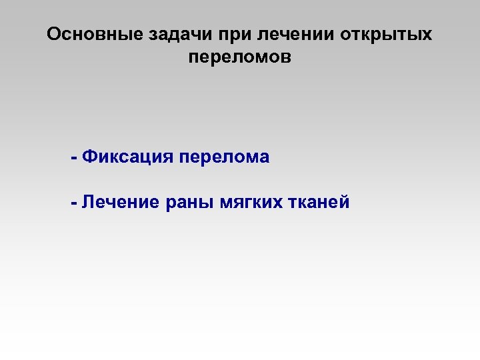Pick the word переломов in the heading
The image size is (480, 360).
click(x=240, y=58)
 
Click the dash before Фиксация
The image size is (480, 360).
click(x=73, y=159)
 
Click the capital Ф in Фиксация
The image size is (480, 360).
click(x=88, y=157)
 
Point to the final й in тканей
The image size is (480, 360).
click(x=344, y=203)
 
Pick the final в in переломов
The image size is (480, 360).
click(x=287, y=58)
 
